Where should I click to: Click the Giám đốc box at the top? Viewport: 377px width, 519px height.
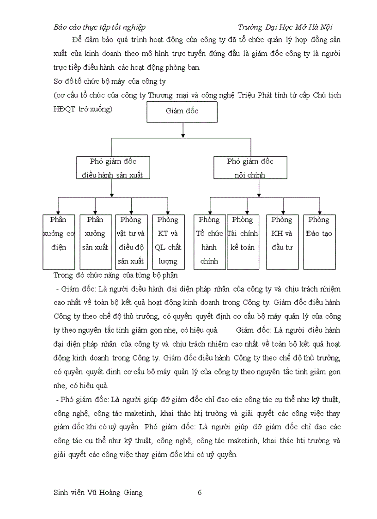(182, 111)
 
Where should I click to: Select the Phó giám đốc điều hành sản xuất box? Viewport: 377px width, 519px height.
(113, 167)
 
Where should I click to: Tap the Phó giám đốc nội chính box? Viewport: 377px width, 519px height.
(250, 167)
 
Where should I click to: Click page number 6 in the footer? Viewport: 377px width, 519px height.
(200, 492)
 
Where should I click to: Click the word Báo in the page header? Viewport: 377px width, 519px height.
(61, 27)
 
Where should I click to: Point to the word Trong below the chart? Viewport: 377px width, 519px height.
(64, 275)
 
